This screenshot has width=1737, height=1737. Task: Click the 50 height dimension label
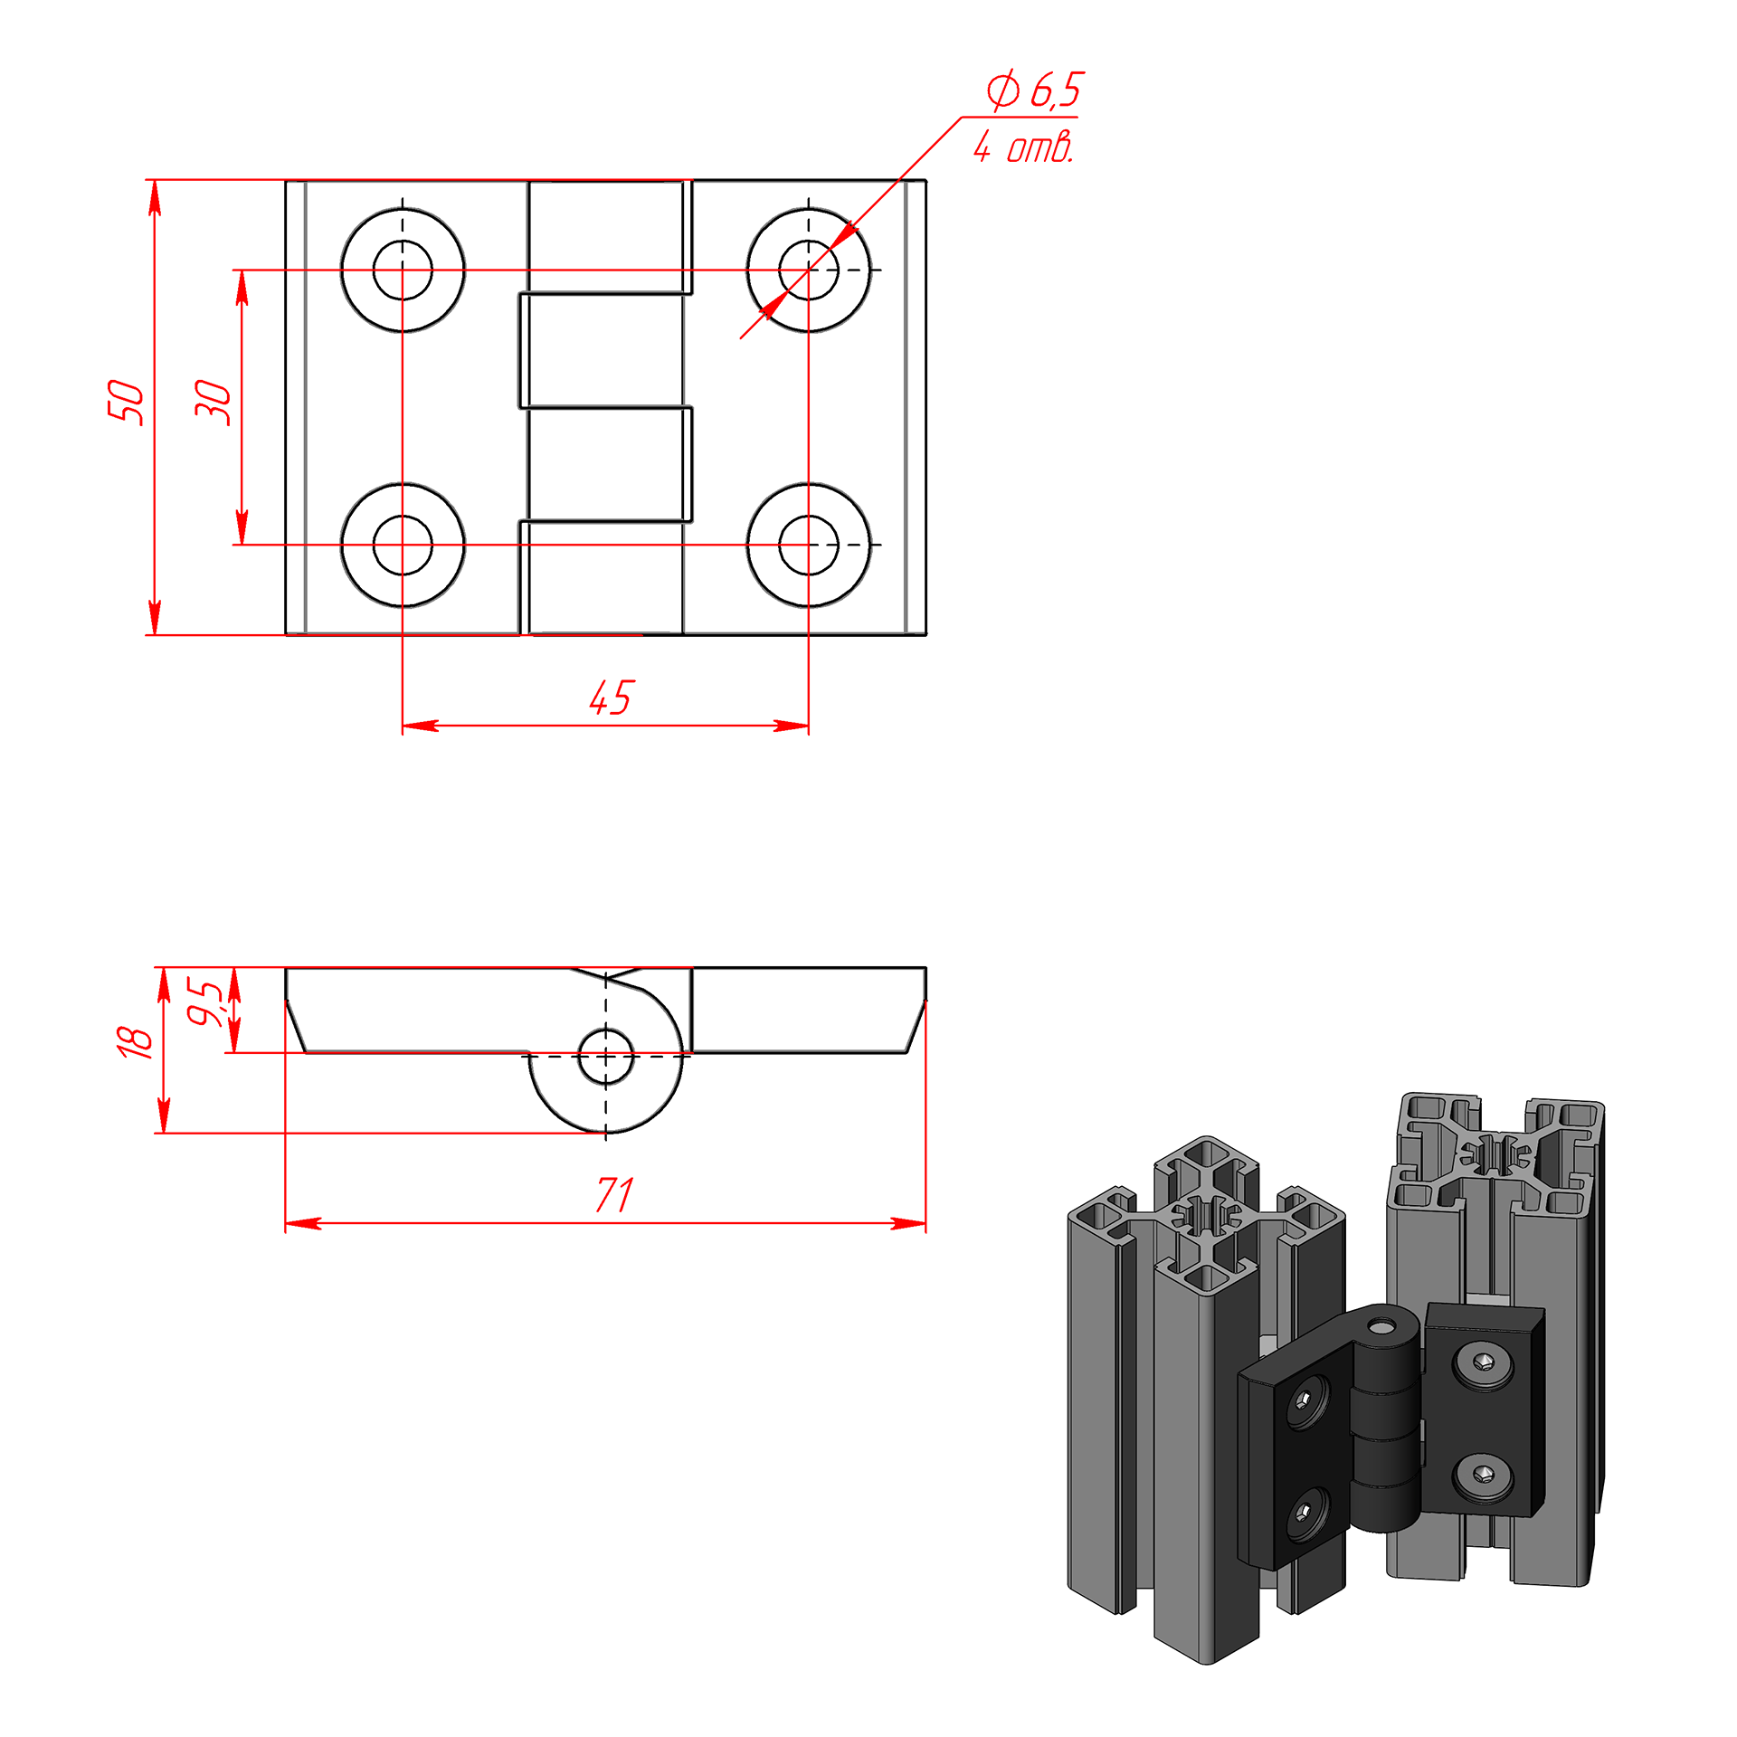pos(126,402)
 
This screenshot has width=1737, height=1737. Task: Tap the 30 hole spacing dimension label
pos(214,402)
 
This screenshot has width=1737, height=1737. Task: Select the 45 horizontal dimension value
pos(612,698)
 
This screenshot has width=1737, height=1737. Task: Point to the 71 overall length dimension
pos(615,1195)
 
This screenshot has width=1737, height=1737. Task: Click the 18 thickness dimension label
pos(135,1041)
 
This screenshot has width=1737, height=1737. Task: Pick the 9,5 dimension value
pos(205,1002)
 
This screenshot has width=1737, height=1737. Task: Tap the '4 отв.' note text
pos(1024,146)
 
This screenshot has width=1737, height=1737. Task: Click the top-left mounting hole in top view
pos(403,270)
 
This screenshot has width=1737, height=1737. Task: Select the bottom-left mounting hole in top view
pos(403,545)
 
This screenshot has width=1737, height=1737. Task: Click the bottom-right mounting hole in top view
pos(809,545)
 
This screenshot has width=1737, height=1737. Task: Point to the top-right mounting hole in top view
pos(809,270)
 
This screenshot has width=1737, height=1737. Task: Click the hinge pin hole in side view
pos(606,1056)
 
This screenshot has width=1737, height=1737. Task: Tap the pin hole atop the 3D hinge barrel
pos(1381,1326)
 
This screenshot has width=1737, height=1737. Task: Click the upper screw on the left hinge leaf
pos(1305,1401)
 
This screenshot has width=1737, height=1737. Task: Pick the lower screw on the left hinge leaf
pos(1303,1512)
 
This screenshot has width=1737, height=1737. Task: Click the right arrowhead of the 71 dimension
pos(908,1223)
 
